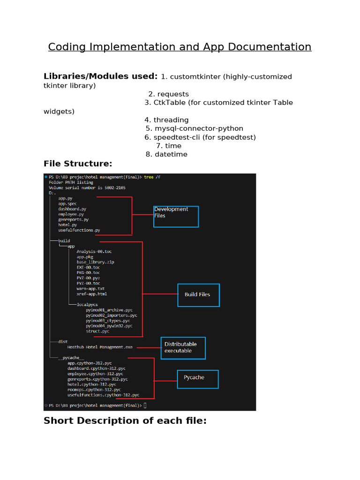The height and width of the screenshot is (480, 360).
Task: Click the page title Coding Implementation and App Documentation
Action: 180,47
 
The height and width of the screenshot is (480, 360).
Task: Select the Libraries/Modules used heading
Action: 100,76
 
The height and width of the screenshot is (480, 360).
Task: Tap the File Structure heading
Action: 78,164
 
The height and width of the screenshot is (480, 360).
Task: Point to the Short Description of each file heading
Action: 125,420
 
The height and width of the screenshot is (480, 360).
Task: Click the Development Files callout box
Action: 176,217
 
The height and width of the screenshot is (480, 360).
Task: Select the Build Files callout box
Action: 198,295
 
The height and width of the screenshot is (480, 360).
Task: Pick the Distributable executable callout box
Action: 183,348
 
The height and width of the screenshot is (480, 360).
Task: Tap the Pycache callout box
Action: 197,379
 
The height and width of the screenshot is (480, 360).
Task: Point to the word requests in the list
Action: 172,94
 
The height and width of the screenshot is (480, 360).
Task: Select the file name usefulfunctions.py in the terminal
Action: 79,230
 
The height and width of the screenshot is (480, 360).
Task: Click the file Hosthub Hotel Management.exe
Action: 100,347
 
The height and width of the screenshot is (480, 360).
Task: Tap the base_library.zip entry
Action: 95,262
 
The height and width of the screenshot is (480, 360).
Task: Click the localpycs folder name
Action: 87,304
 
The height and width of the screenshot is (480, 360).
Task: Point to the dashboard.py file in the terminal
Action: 72,209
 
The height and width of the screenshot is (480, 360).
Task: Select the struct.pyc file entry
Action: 97,331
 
